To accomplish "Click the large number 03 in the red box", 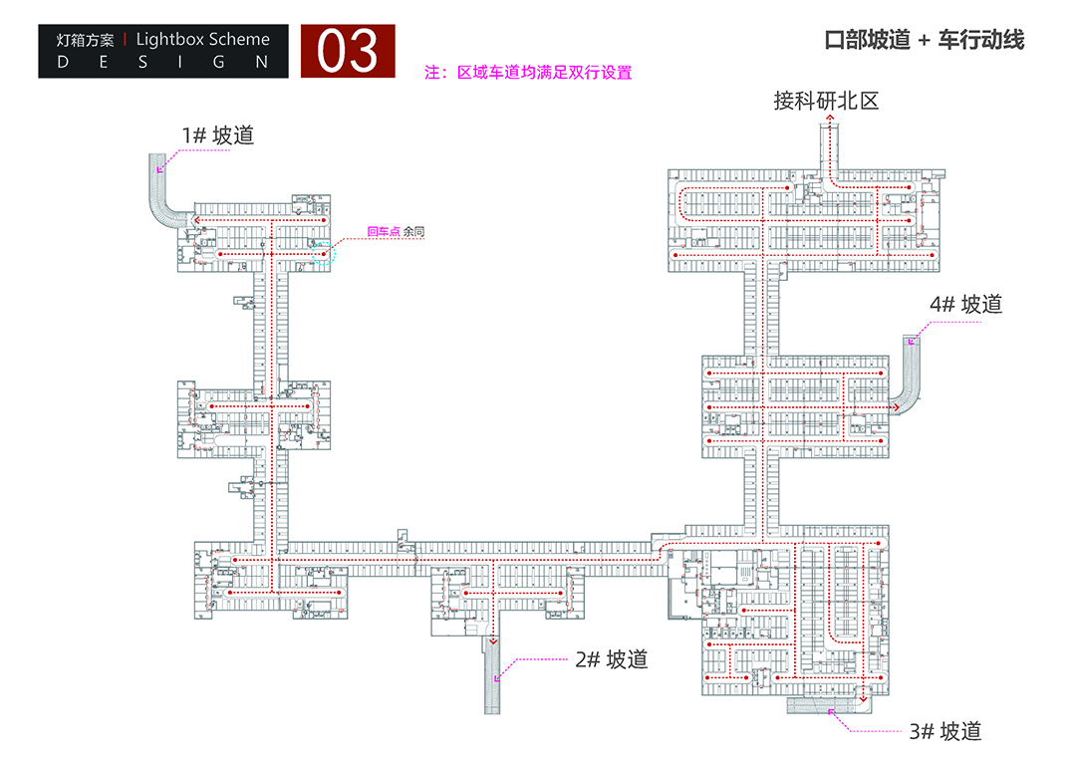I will [349, 52].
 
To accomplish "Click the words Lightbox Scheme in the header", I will [202, 40].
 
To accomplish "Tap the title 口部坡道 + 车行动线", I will [925, 41].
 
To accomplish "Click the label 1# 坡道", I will [217, 134].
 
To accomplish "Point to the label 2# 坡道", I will [611, 658].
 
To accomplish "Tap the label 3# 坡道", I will [944, 731].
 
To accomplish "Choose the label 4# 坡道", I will [965, 305].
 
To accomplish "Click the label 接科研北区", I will [826, 101].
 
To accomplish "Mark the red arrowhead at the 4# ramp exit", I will [898, 405].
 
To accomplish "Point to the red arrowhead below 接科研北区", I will [827, 122].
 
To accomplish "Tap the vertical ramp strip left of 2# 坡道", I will [492, 677].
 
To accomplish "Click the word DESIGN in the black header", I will [163, 62].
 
